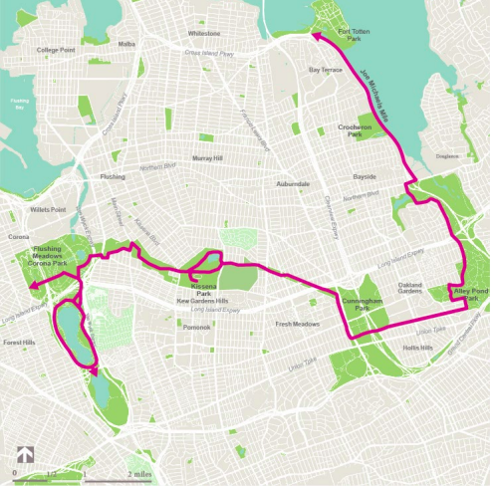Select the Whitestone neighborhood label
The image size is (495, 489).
pos(203,33)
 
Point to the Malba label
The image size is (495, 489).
pos(126,44)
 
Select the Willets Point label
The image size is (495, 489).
pos(47,211)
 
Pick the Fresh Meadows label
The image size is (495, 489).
pos(297,324)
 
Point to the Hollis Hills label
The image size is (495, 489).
pos(417,348)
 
